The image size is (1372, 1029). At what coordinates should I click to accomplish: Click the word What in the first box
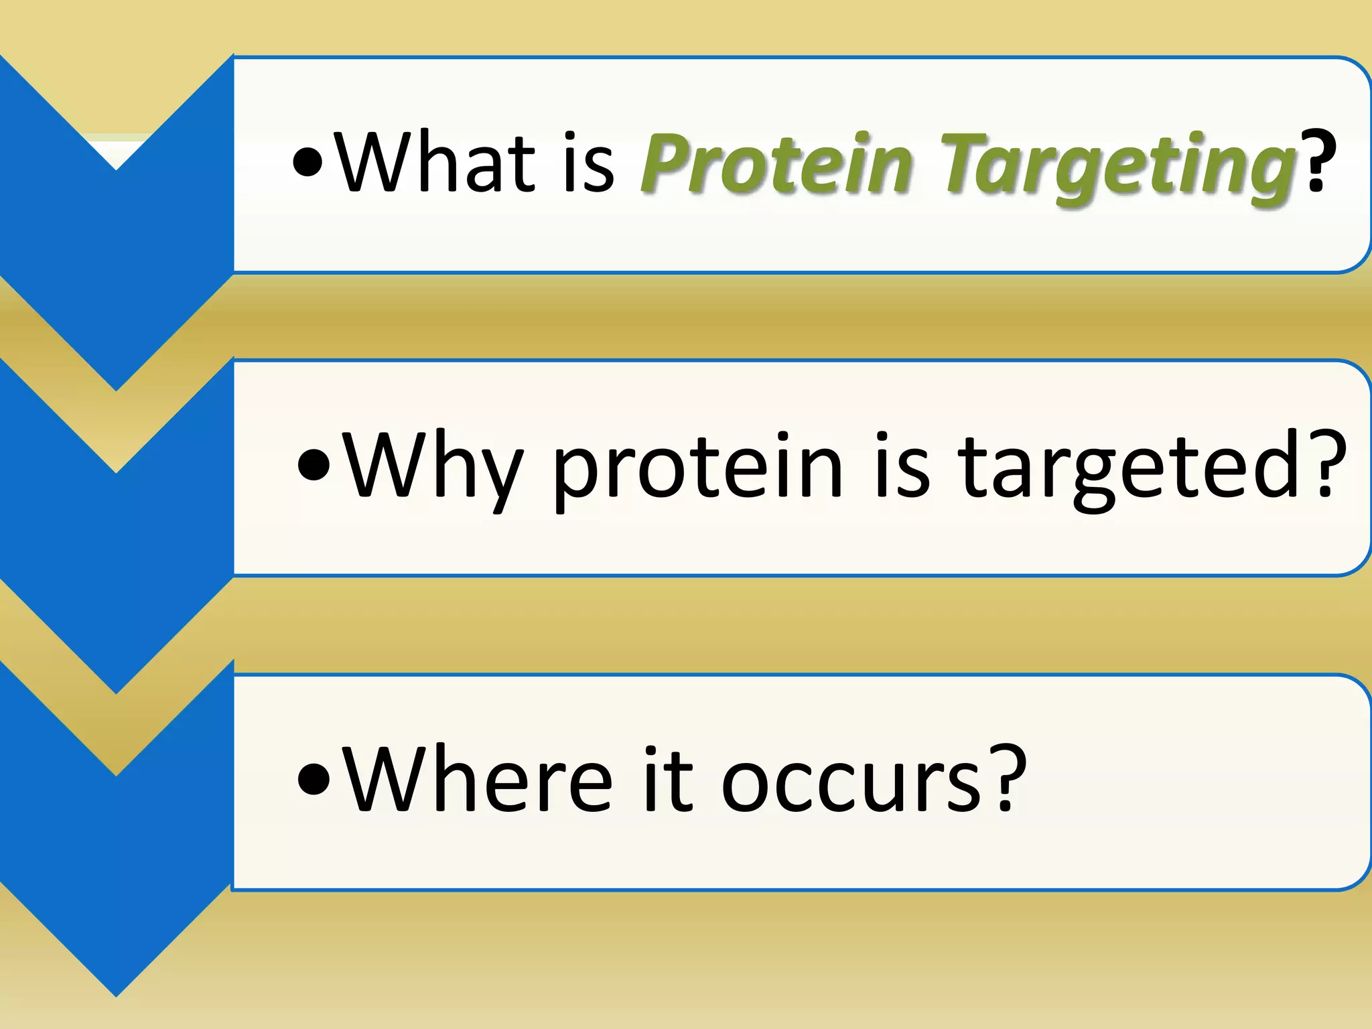pos(435,163)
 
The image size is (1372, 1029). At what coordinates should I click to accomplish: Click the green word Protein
pos(777,164)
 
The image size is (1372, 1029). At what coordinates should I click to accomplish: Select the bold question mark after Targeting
pos(1318,163)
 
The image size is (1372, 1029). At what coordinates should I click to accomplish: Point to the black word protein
pos(697,469)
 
